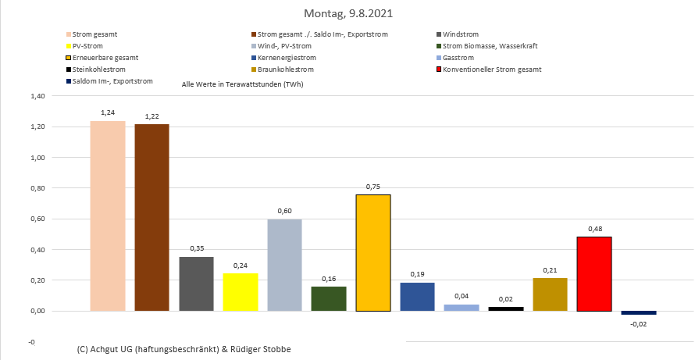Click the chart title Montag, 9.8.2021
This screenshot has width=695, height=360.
click(x=347, y=13)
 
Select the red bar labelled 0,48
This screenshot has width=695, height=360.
click(x=594, y=273)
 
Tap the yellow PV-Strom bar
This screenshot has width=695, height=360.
click(x=241, y=291)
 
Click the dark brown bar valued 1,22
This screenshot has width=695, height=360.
click(x=151, y=217)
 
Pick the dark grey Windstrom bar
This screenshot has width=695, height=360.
click(x=196, y=283)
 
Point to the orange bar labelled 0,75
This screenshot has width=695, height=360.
click(x=373, y=252)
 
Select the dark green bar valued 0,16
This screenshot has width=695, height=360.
click(x=329, y=298)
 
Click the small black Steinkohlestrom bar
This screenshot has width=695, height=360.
click(x=506, y=308)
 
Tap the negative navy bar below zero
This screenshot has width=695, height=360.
click(x=639, y=312)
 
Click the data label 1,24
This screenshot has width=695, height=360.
click(x=108, y=113)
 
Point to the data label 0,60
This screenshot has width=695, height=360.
click(x=284, y=211)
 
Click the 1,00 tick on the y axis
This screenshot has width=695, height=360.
click(x=37, y=158)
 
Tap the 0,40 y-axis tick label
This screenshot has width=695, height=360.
click(x=37, y=250)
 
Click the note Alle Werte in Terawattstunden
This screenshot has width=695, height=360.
click(x=242, y=84)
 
